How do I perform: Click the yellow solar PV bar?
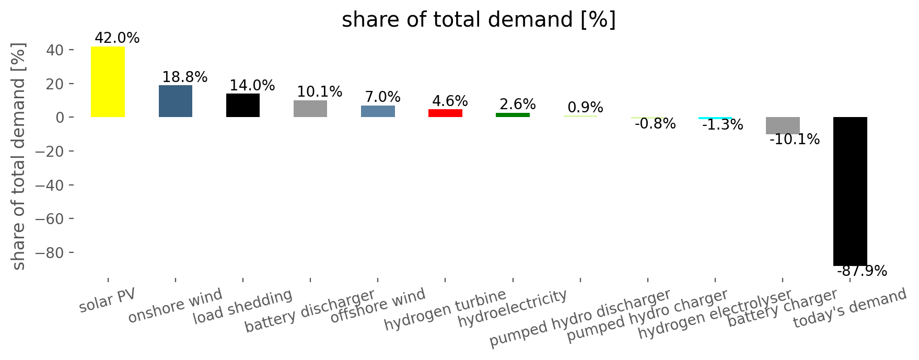pyautogui.click(x=108, y=82)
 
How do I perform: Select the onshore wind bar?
pyautogui.click(x=176, y=101)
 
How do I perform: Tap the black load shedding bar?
pyautogui.click(x=243, y=105)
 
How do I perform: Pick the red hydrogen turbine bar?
pyautogui.click(x=445, y=113)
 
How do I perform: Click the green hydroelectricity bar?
pyautogui.click(x=513, y=115)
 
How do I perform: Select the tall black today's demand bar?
pyautogui.click(x=850, y=191)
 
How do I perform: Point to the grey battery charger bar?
pyautogui.click(x=783, y=125)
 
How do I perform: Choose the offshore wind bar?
pyautogui.click(x=378, y=111)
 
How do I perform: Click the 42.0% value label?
pyautogui.click(x=117, y=38)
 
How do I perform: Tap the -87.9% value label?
pyautogui.click(x=862, y=271)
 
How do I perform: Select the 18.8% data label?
pyautogui.click(x=185, y=77)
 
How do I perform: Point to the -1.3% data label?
pyautogui.click(x=723, y=125)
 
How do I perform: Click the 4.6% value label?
pyautogui.click(x=450, y=101)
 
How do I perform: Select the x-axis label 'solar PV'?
pyautogui.click(x=107, y=300)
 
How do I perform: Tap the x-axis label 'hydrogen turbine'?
pyautogui.click(x=445, y=310)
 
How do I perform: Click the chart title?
pyautogui.click(x=479, y=20)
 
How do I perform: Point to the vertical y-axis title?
pyautogui.click(x=19, y=156)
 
